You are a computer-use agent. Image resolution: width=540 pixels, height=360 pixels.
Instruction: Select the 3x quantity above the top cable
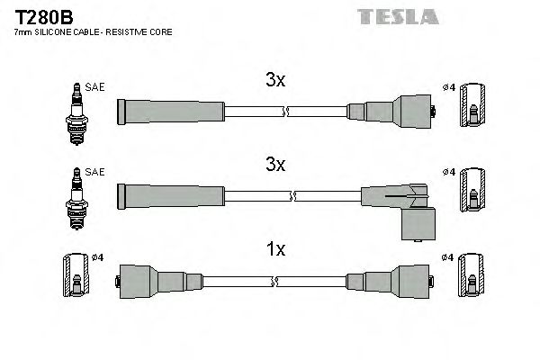point(275,80)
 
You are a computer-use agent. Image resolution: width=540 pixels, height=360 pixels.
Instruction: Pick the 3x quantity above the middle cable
point(275,165)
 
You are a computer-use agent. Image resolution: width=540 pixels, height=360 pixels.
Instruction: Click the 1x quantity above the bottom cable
point(275,249)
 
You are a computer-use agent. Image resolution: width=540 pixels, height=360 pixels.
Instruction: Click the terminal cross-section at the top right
point(473,112)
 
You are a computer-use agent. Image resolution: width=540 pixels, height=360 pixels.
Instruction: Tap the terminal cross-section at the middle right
point(473,196)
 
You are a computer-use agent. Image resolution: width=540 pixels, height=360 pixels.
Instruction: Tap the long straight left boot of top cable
point(171,112)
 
